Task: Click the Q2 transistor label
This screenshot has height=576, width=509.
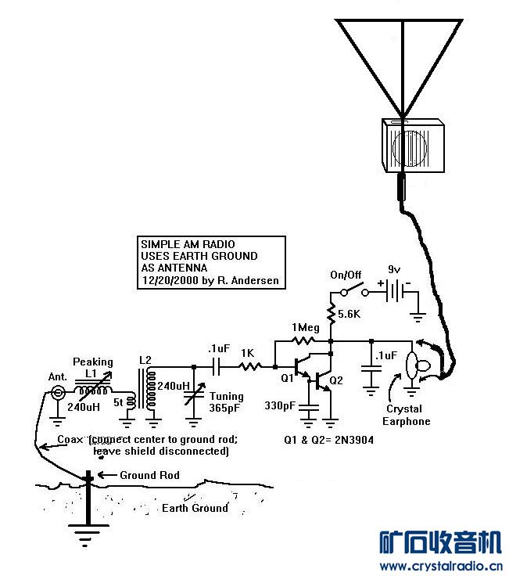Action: click(x=336, y=381)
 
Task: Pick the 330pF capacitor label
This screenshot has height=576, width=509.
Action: click(x=279, y=405)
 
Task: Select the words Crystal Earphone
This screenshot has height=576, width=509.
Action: click(x=403, y=415)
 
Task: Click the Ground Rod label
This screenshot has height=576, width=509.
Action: click(x=149, y=475)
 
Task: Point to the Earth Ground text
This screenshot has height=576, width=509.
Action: click(x=195, y=508)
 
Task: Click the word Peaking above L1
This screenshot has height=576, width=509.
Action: click(x=93, y=362)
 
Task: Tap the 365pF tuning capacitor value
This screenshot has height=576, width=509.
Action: click(x=224, y=408)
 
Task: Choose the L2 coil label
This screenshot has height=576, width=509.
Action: click(x=145, y=360)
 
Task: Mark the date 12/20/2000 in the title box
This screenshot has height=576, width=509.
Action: click(x=168, y=280)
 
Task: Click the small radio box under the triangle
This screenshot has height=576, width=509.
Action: click(x=412, y=146)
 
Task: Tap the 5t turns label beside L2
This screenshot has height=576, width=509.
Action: click(x=119, y=405)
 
